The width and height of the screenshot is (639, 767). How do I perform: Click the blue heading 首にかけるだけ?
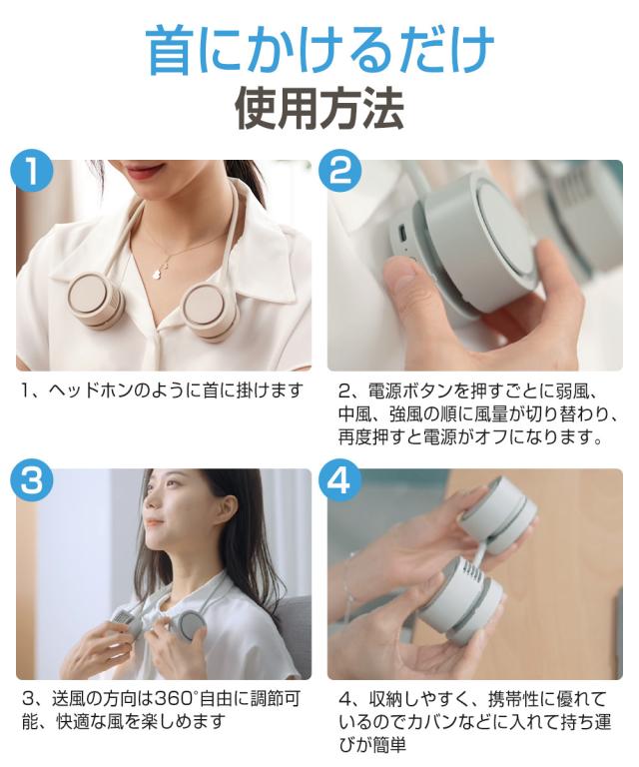click(x=319, y=50)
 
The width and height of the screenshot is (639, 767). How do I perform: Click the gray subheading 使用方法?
click(x=319, y=109)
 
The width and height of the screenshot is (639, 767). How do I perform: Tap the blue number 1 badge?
click(x=33, y=171)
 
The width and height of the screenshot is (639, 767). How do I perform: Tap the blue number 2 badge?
click(x=341, y=171)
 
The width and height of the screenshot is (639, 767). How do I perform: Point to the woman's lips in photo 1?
click(x=148, y=172)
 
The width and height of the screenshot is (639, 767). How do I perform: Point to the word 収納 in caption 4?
click(x=386, y=698)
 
